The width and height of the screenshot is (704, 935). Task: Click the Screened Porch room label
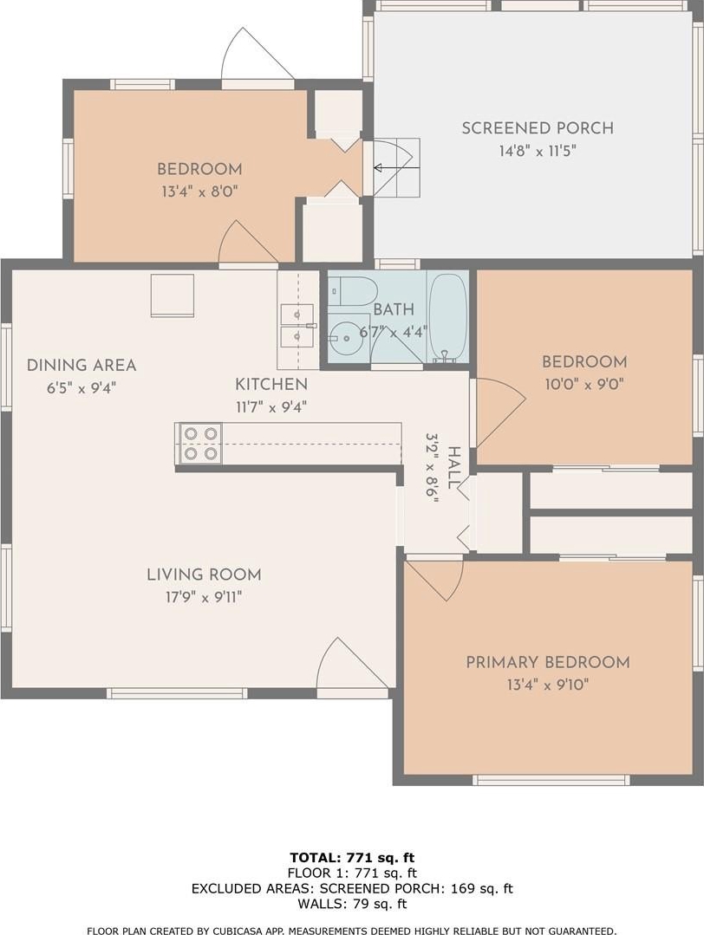(x=538, y=128)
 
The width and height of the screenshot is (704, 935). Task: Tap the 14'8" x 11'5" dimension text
(x=538, y=151)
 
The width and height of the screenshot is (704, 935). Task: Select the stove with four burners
(x=200, y=443)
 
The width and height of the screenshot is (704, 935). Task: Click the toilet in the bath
(x=354, y=291)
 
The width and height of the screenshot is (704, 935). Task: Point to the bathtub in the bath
(x=447, y=318)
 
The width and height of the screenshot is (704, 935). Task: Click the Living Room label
(x=204, y=575)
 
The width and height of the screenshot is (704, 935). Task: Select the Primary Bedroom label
(x=548, y=662)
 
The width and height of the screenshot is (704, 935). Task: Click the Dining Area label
(x=81, y=365)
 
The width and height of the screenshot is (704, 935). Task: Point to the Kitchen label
(x=271, y=384)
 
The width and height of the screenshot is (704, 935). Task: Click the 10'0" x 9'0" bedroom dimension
(x=584, y=384)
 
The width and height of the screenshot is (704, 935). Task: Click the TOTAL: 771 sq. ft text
(x=352, y=858)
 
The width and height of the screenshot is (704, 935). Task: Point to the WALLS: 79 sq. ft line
(x=352, y=904)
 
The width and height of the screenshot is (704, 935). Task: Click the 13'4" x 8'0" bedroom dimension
(x=200, y=192)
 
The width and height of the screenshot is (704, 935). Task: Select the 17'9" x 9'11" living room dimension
(x=204, y=597)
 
